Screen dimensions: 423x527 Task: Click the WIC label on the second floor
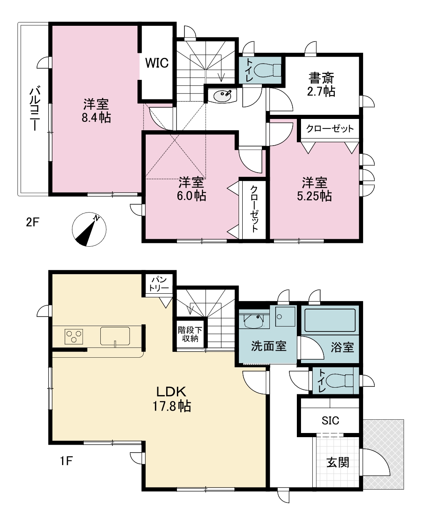tap(157, 63)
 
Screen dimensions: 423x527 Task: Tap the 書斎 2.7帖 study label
tap(321, 84)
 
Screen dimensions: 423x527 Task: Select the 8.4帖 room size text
tap(96, 118)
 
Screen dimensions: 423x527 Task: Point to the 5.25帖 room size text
tap(314, 196)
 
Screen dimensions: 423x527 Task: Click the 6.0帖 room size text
tap(192, 195)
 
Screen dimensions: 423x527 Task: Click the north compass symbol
tap(89, 229)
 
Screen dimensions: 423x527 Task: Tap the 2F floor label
tap(32, 222)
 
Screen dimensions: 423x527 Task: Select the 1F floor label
tap(67, 461)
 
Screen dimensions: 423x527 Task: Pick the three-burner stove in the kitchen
tap(74, 336)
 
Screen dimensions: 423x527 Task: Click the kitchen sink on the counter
tap(115, 336)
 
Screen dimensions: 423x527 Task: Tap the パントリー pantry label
tap(159, 284)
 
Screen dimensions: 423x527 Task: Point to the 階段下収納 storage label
tap(190, 334)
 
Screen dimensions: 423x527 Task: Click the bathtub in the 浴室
tap(330, 320)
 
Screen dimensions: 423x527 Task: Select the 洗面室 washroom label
tap(269, 346)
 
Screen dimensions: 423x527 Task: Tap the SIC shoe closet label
tap(330, 421)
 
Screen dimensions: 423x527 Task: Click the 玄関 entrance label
tap(337, 463)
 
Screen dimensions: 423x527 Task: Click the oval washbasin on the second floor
tap(222, 95)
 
